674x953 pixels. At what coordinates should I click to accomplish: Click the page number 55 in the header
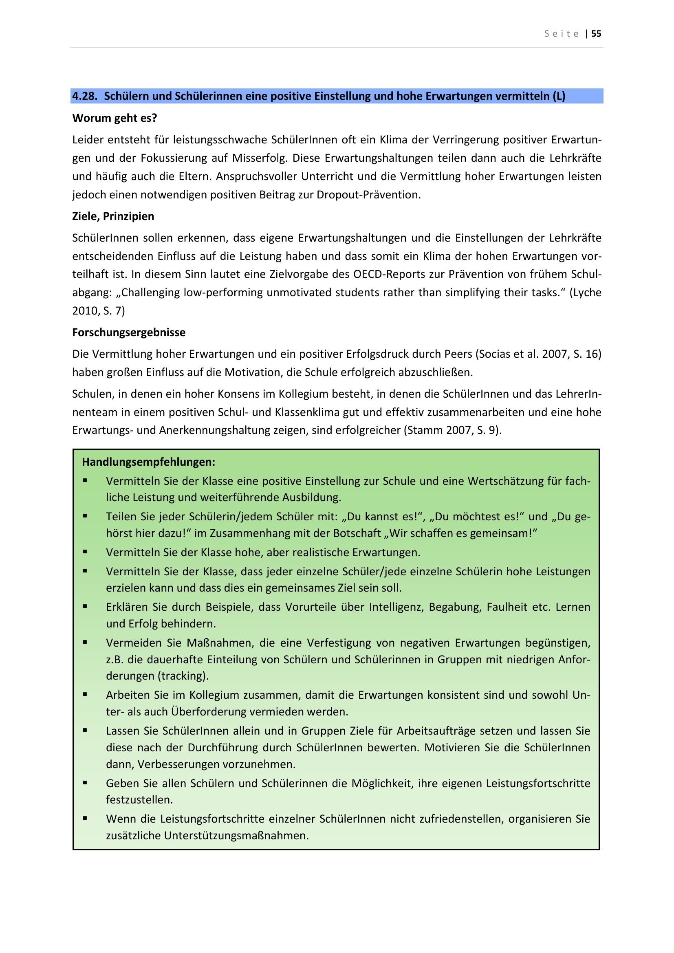596,34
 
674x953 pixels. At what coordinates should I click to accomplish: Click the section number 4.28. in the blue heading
85,96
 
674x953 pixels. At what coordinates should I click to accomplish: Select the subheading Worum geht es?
115,118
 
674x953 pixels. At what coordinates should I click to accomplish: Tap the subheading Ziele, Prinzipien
113,216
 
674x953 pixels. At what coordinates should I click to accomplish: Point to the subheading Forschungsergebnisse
129,332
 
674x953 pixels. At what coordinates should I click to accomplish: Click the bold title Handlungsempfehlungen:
149,462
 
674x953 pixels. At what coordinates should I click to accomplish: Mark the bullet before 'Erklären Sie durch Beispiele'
85,606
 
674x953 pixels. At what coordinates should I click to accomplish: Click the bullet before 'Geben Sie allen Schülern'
85,783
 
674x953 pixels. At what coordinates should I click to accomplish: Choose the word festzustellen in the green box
139,800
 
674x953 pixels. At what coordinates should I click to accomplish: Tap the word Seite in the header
562,34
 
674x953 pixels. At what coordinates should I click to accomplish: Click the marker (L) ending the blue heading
559,96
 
